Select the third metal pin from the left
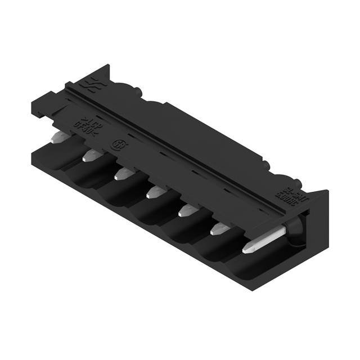pos(123,174)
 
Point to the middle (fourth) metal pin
pos(155,192)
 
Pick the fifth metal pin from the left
pos(187,211)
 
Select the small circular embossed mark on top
pos(119,144)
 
